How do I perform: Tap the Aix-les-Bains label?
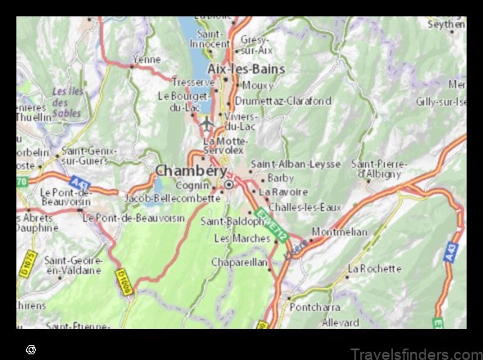246,69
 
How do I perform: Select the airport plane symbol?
206,124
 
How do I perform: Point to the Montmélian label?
339,232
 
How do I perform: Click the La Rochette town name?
374,268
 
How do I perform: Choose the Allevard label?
340,323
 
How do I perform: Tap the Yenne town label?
147,60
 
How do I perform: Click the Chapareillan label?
239,262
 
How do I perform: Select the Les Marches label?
241,238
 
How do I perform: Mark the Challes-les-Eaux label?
305,207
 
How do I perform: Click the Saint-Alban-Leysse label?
296,164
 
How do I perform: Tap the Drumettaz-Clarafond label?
283,101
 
